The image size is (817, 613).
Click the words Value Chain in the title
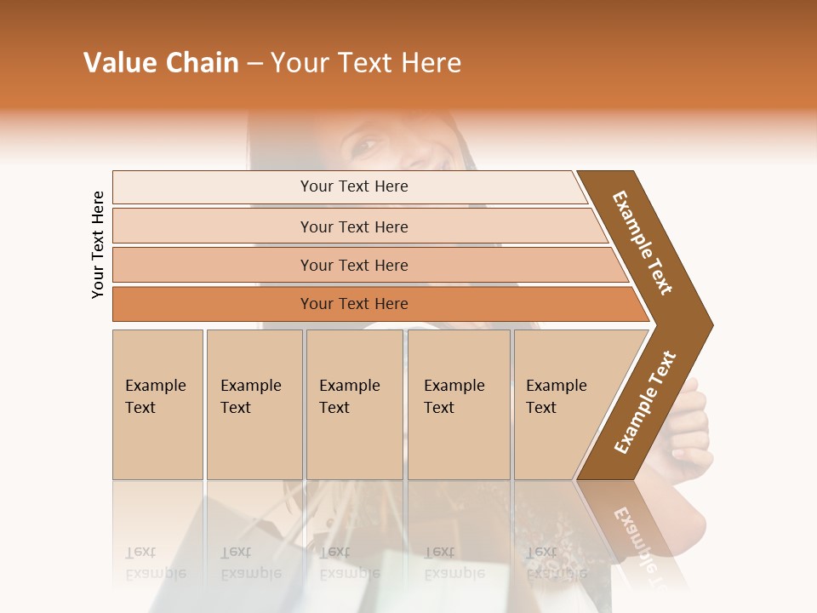coord(161,62)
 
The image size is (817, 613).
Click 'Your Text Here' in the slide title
coord(366,62)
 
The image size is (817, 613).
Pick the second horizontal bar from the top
coord(354,226)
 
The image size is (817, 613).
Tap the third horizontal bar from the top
coord(354,265)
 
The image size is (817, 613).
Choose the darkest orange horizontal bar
coord(354,304)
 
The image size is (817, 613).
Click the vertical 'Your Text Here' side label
coord(98,244)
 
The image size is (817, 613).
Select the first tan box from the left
coord(157,404)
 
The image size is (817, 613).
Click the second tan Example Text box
coord(254,404)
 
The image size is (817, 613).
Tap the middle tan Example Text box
coord(354,404)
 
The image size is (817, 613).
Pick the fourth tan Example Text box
coord(458,404)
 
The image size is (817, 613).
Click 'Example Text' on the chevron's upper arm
coord(643,243)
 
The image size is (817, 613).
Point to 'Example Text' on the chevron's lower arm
coord(645,403)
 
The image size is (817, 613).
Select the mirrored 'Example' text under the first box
coord(156,573)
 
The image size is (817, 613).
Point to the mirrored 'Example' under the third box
coord(349,573)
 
